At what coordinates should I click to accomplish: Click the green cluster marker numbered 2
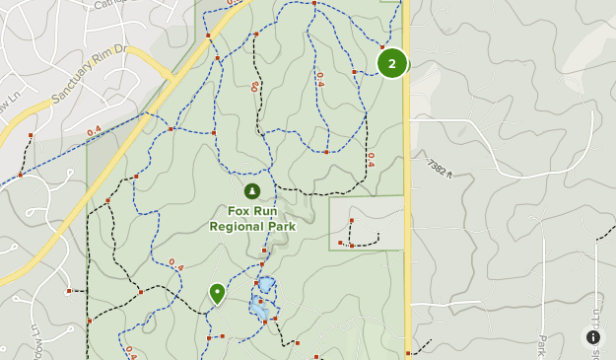point(392,63)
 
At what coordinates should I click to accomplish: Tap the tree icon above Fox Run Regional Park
point(251,191)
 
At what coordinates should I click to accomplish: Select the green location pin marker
point(217,293)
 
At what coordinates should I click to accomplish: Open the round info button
point(593,337)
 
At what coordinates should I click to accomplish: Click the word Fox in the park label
point(239,211)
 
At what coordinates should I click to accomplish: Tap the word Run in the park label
point(265,211)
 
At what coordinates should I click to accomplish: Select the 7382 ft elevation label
point(440,170)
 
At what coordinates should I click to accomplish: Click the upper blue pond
point(266,284)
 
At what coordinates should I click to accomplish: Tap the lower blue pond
point(258,310)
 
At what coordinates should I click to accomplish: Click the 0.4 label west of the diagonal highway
point(94,130)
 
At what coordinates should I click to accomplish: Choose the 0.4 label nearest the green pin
point(175,264)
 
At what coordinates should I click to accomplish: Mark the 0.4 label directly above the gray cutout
point(371,159)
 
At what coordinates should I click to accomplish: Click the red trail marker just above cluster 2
point(382,46)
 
